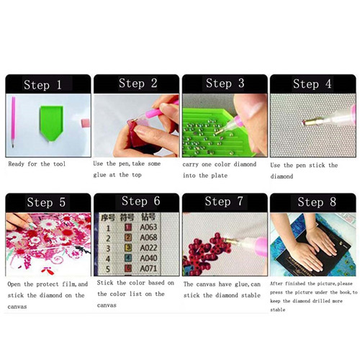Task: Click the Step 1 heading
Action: coord(42,85)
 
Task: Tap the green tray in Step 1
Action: coord(51,123)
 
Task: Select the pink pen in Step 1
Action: coord(13,122)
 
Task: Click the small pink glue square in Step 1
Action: coord(86,123)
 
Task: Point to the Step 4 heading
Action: coord(312,84)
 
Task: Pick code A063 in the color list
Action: coord(148,227)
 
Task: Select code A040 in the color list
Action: coord(148,258)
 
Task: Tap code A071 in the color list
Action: coord(148,269)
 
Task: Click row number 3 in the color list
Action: coord(108,248)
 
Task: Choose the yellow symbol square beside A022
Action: coord(128,248)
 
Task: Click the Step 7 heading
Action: coord(224,202)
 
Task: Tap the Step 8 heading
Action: coord(317,202)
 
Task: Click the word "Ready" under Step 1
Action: coord(17,164)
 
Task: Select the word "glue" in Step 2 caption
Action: coord(99,175)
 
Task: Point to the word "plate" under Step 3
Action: coord(220,176)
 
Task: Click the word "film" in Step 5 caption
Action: coord(68,284)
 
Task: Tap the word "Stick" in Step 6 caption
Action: coord(105,283)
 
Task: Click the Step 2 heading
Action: coord(138,84)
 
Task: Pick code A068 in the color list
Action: coord(148,238)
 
